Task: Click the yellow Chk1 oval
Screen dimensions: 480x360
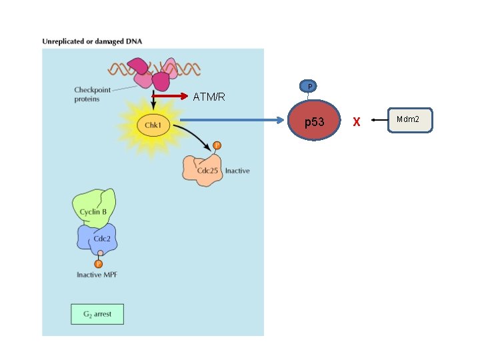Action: (153, 125)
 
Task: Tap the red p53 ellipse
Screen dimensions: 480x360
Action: (314, 120)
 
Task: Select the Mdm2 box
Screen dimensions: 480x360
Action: (410, 120)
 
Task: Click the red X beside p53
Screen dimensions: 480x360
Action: (356, 122)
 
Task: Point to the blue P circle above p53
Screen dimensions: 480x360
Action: (308, 86)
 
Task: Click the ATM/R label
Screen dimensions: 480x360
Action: (209, 97)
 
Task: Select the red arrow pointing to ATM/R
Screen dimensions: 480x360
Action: (170, 96)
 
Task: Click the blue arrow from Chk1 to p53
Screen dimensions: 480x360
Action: (232, 120)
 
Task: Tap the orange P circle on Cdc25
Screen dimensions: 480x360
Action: (217, 145)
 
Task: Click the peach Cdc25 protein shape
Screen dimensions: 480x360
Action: (202, 170)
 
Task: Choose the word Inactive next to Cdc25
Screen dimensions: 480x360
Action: (237, 171)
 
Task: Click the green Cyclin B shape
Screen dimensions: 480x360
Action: (94, 208)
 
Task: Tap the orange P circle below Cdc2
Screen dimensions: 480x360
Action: (98, 263)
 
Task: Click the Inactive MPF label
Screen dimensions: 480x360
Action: (97, 275)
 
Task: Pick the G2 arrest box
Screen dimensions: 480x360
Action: (97, 314)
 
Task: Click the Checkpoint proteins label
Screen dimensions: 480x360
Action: (92, 94)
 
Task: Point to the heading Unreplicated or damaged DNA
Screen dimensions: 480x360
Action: (92, 41)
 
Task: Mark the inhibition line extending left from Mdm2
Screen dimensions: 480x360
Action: (379, 120)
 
